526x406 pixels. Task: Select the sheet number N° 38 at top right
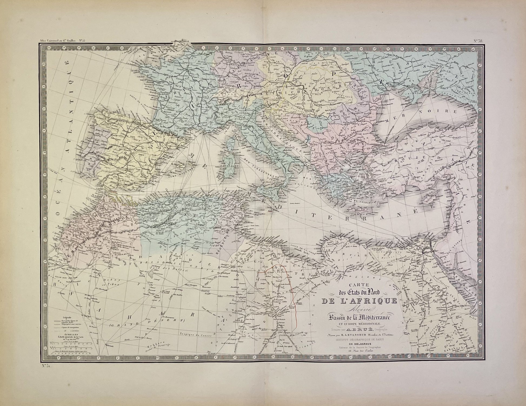[x=479, y=41]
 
